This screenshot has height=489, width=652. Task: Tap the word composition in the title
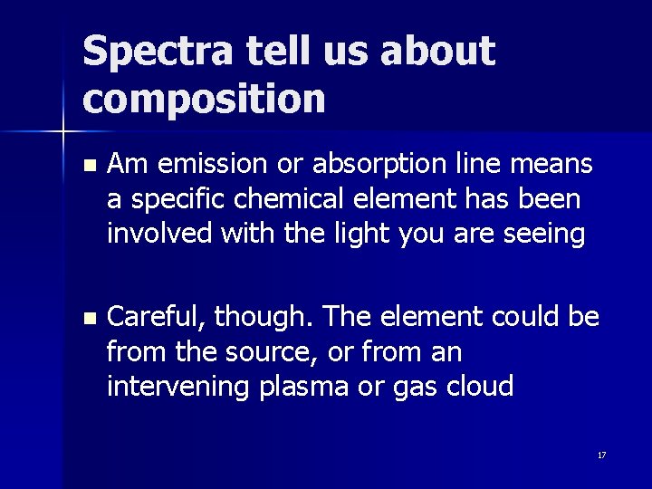tap(204, 97)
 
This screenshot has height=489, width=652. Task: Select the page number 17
tap(601, 455)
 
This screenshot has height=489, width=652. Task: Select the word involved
tap(149, 233)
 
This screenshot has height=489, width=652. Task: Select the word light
tap(340, 233)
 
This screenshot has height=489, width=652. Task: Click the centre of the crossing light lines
tap(63, 132)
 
